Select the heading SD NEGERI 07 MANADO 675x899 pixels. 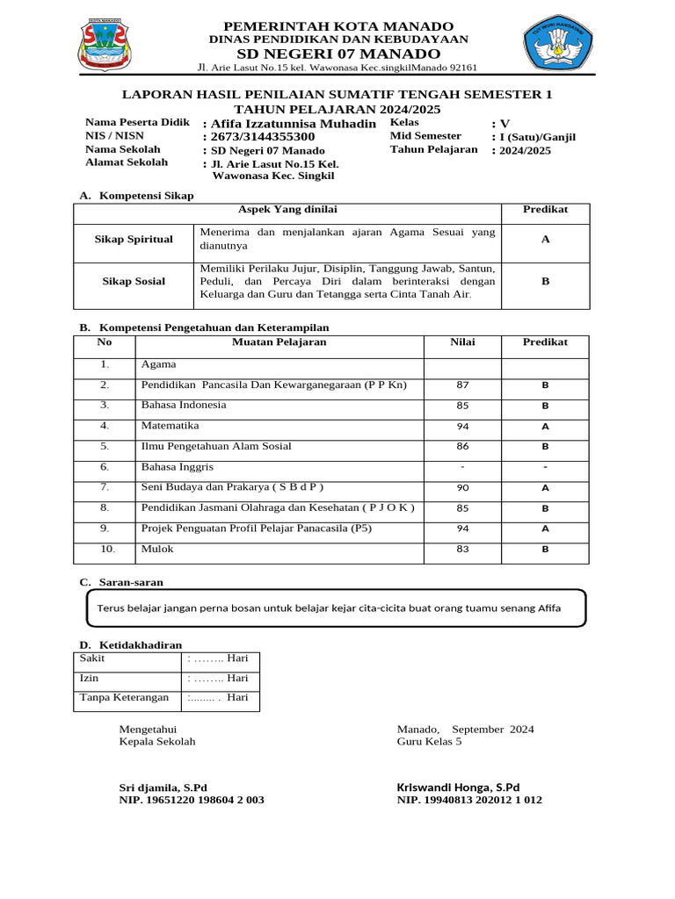(338, 54)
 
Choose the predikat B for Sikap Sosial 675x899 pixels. (545, 282)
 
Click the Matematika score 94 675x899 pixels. (462, 427)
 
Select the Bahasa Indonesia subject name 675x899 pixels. (184, 406)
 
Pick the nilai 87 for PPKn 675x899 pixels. (462, 385)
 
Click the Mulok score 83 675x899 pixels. (462, 550)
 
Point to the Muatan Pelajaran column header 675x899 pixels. (279, 342)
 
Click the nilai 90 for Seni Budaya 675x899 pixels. (462, 488)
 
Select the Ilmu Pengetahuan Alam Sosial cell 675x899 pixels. (216, 447)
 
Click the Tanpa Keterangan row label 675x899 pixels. (124, 698)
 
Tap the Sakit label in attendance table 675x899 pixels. (92, 658)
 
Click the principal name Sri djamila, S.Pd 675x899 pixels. (163, 788)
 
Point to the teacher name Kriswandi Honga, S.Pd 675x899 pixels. (458, 788)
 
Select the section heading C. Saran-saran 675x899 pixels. (121, 582)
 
